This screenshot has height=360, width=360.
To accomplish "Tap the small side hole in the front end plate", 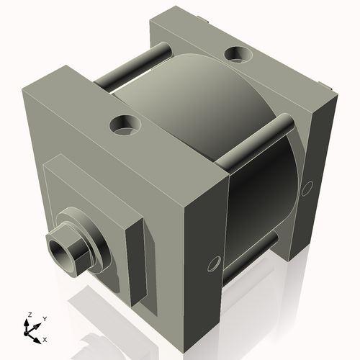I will pos(213,264).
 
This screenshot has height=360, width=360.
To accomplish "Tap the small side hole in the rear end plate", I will pos(307,189).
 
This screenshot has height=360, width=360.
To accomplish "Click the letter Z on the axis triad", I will pos(29,315).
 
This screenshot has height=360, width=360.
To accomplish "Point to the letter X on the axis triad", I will pos(45,338).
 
